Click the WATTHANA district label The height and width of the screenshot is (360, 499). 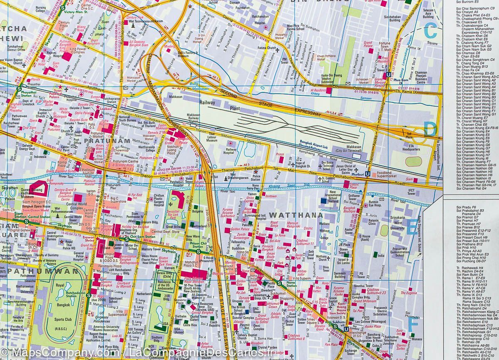(x=296, y=215)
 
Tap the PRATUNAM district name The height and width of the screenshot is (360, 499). (x=102, y=141)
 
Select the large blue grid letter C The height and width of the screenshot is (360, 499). (x=430, y=30)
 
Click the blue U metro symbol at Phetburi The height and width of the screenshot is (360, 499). (x=368, y=175)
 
